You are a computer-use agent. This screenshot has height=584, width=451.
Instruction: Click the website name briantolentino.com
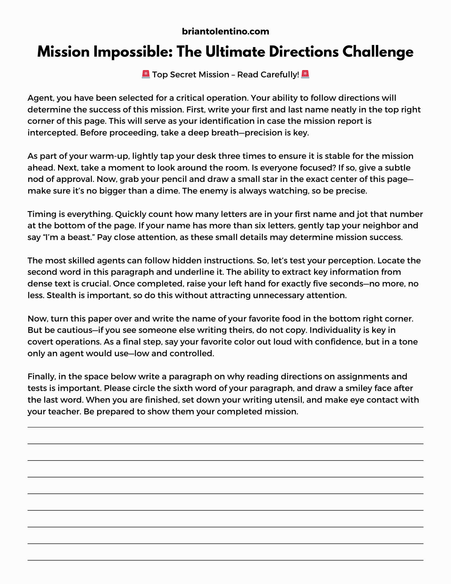click(x=225, y=31)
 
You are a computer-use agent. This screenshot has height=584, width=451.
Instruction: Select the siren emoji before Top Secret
click(x=146, y=74)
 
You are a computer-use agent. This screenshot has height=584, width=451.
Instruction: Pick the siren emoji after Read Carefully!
click(x=305, y=74)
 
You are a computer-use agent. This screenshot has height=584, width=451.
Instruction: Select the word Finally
click(x=41, y=377)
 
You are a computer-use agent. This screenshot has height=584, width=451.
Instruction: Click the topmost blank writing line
click(x=225, y=427)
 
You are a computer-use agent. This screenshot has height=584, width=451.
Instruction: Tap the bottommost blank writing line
click(x=225, y=560)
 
